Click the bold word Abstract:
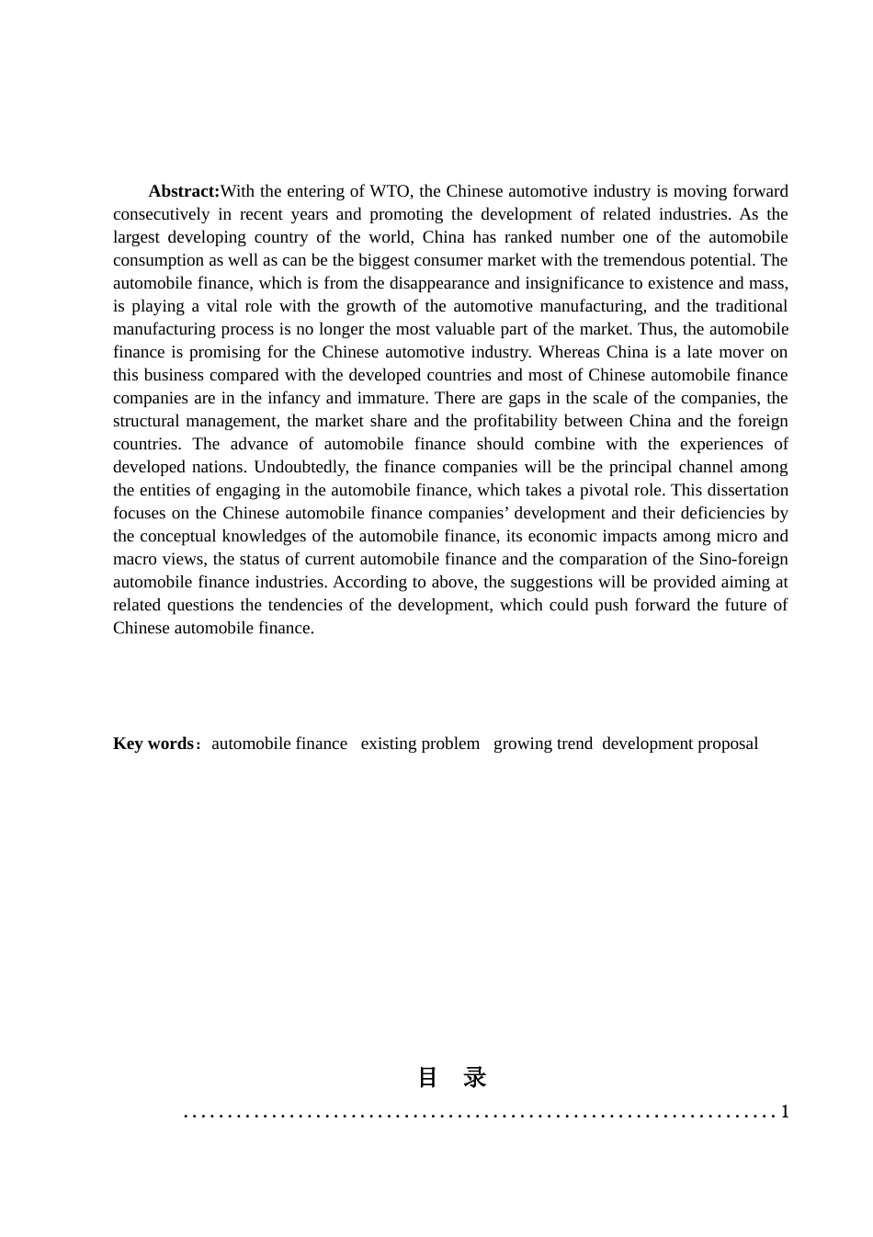tap(184, 191)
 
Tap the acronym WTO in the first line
tap(391, 191)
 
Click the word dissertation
tap(745, 490)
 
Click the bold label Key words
tap(153, 743)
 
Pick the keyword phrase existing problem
tap(420, 743)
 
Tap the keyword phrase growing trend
tap(542, 743)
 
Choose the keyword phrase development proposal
tap(680, 743)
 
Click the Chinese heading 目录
tap(451, 1077)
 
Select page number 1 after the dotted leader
tap(785, 1112)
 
